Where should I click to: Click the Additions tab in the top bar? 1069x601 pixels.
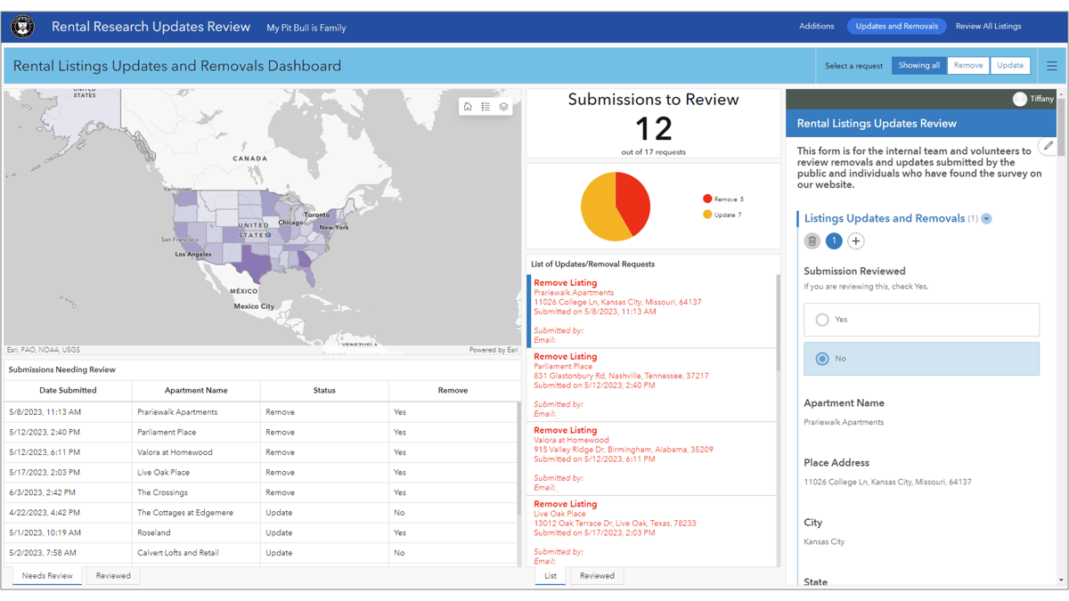click(816, 26)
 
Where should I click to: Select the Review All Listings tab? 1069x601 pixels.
click(988, 26)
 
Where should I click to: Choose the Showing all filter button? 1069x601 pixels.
click(918, 65)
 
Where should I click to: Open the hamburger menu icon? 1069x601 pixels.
click(1051, 66)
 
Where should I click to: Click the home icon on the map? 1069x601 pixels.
click(468, 107)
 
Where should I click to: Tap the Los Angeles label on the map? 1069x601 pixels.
click(193, 255)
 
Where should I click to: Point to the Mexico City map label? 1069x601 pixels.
click(254, 306)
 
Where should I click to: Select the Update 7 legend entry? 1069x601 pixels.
click(722, 215)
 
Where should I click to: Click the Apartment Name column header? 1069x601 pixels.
click(196, 390)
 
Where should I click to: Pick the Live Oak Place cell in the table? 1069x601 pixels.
click(163, 472)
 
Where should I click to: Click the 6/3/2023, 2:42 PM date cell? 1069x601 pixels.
click(42, 492)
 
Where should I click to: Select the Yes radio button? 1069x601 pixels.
click(822, 320)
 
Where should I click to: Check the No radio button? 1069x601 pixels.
click(822, 359)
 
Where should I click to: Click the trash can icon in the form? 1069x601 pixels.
click(812, 241)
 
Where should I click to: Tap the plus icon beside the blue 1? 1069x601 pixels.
click(855, 241)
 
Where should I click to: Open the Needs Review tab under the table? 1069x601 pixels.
click(47, 576)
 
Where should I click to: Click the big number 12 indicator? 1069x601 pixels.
click(653, 129)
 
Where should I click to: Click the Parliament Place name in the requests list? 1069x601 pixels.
click(563, 366)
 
